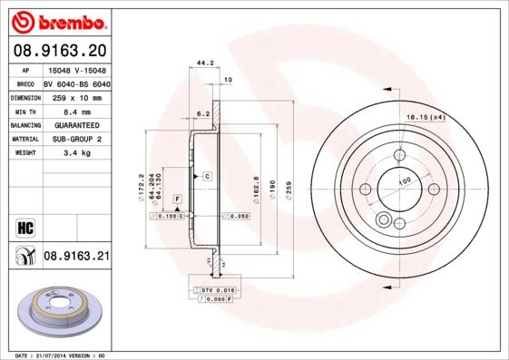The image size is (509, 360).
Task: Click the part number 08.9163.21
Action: pyautogui.click(x=76, y=257)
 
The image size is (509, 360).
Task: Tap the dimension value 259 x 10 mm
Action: pyautogui.click(x=73, y=96)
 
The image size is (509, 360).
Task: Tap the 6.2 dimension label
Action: pyautogui.click(x=203, y=113)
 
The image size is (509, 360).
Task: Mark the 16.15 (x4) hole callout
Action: pyautogui.click(x=425, y=118)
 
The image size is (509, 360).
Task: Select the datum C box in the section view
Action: pyautogui.click(x=207, y=175)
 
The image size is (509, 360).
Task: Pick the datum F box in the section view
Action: pyautogui.click(x=177, y=199)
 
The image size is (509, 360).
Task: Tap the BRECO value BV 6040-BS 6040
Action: pyautogui.click(x=76, y=82)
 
